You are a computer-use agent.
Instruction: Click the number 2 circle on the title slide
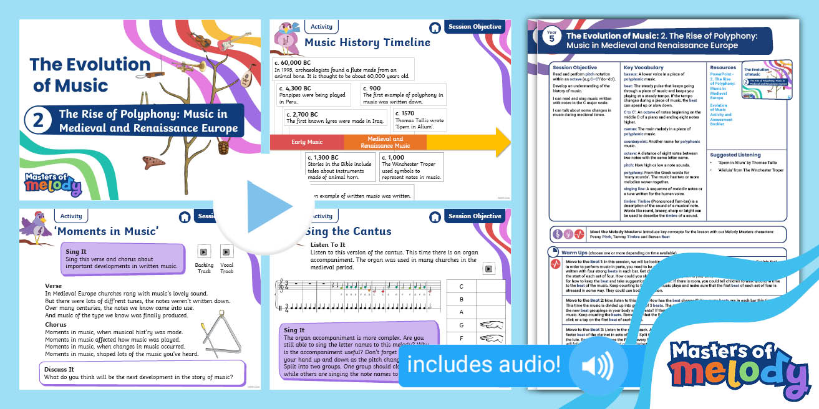(x=38, y=120)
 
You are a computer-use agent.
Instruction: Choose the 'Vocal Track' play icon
(x=226, y=252)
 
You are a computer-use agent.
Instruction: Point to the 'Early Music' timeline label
(x=307, y=142)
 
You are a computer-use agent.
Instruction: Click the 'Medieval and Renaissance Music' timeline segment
(x=385, y=142)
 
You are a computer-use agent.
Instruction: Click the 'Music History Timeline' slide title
(x=367, y=42)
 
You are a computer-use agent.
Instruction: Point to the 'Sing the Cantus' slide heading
(x=347, y=231)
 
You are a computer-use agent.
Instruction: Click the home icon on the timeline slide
(x=435, y=27)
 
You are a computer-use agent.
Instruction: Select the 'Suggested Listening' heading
(x=735, y=155)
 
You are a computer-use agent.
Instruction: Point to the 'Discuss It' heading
(x=59, y=369)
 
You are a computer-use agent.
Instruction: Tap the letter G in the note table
(x=461, y=325)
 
